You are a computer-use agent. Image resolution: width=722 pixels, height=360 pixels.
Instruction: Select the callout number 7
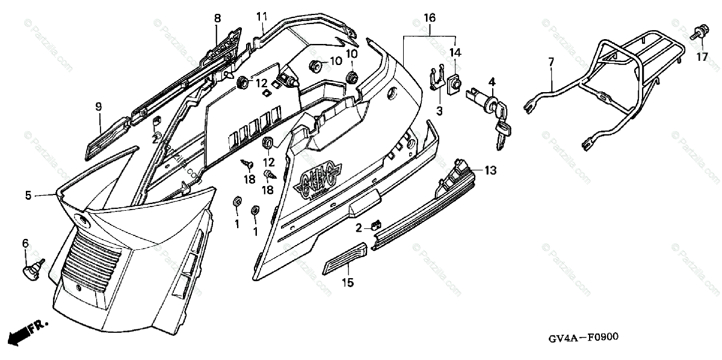[x=550, y=61]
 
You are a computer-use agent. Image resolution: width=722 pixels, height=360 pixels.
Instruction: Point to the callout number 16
[x=429, y=18]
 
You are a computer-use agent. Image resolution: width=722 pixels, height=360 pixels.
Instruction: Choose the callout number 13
[x=490, y=171]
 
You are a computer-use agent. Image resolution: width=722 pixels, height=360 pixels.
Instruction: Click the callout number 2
[x=358, y=228]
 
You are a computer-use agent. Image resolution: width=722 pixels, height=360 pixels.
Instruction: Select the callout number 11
[x=261, y=16]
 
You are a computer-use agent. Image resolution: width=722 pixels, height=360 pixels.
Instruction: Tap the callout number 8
[x=217, y=18]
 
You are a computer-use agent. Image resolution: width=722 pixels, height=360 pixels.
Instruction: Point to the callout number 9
[x=98, y=107]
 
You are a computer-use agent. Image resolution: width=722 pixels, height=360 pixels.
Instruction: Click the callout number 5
[x=28, y=195]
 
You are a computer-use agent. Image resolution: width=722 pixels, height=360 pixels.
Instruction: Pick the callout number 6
[x=25, y=243]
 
